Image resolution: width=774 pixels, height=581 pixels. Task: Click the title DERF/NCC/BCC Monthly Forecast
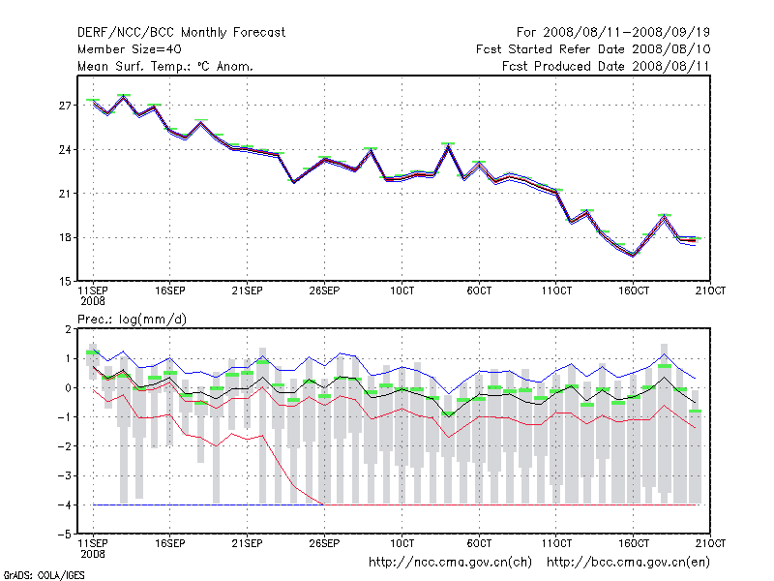coord(181,33)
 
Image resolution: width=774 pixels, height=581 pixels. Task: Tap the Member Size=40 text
coord(129,49)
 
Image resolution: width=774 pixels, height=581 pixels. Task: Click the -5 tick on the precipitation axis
coord(65,534)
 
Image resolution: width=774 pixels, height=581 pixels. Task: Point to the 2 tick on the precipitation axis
coord(68,329)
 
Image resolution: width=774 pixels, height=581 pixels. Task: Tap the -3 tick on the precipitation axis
coord(65,475)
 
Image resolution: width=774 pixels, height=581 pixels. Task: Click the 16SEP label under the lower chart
coord(169,543)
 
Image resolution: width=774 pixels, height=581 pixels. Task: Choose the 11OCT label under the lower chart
coord(556,543)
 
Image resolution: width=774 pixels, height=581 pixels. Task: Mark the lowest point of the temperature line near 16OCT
coord(633,256)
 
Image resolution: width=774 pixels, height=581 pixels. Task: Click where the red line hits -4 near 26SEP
coord(323,505)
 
